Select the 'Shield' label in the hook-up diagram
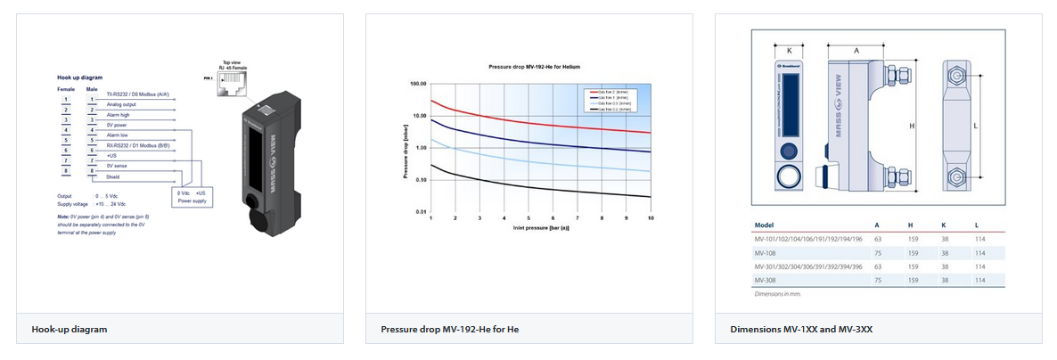coord(113,177)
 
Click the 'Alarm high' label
coord(118,116)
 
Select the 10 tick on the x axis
coord(650,218)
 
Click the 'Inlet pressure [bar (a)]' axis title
coord(541,227)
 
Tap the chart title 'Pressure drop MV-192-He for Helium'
coord(539,68)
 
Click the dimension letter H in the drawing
coord(911,127)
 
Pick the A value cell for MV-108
coord(878,253)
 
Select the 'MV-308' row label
coord(766,280)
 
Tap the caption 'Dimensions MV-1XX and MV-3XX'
coord(801,330)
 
